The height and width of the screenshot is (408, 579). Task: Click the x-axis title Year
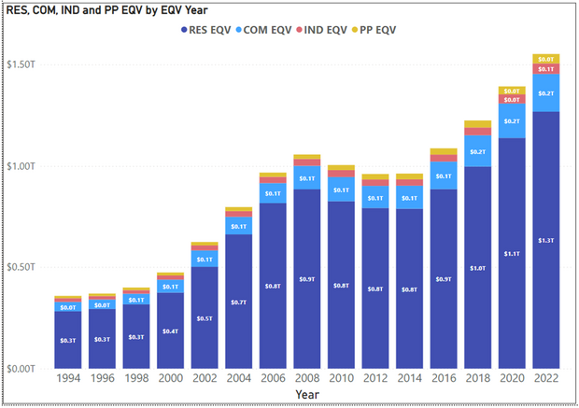305,396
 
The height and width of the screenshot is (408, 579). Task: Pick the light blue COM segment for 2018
478,152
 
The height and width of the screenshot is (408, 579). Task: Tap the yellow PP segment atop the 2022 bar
547,59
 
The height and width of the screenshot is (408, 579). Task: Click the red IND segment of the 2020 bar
513,99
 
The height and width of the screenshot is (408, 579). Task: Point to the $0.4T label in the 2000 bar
168,331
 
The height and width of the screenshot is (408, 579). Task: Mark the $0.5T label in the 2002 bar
203,317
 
